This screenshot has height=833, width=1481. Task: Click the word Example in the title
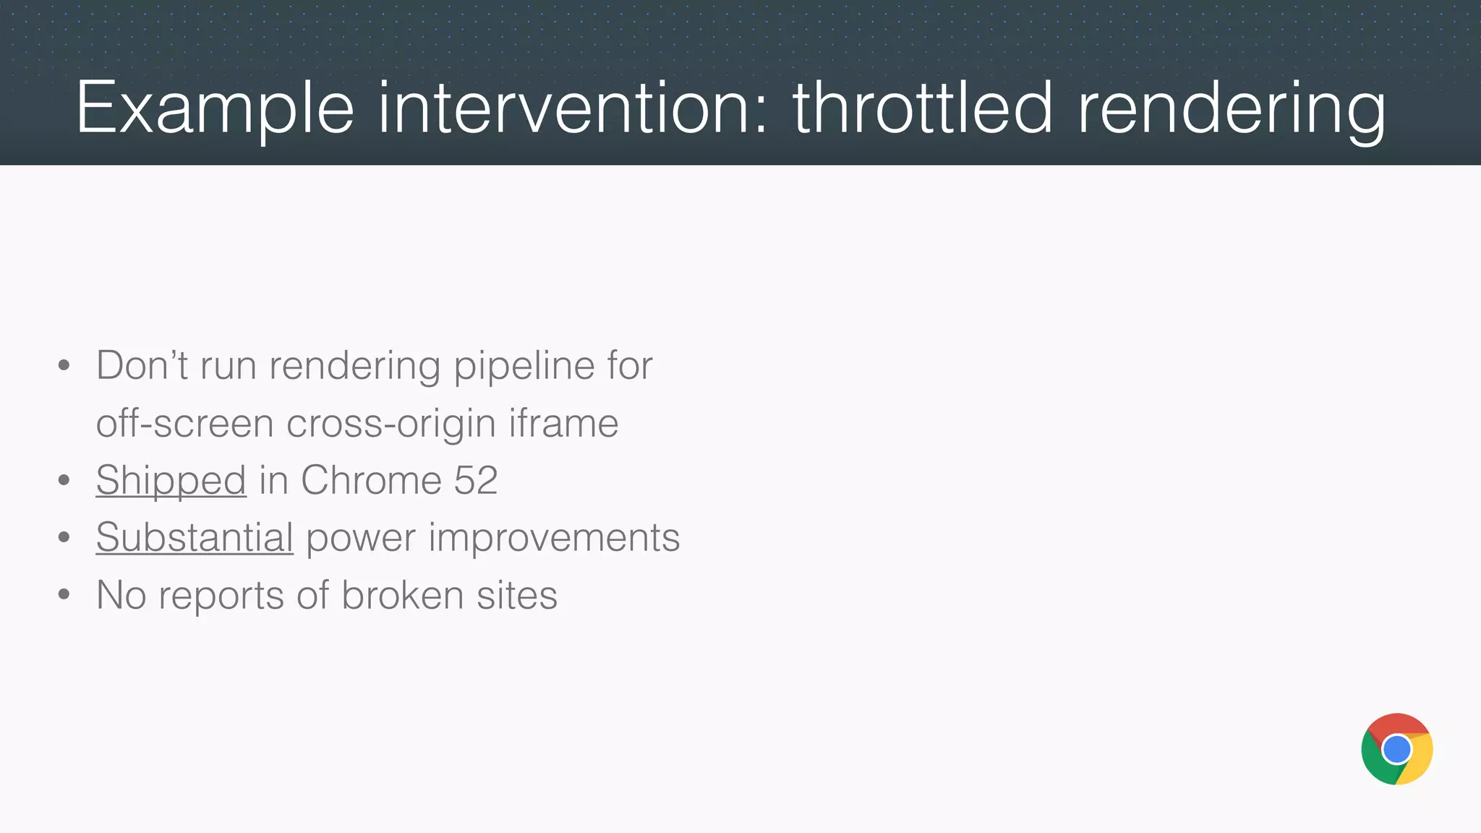click(215, 108)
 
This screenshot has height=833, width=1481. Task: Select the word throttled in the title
click(923, 108)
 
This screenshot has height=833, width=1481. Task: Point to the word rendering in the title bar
click(1231, 108)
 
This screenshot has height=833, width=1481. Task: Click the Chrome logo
click(1396, 749)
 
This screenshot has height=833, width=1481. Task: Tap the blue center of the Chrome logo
click(1396, 750)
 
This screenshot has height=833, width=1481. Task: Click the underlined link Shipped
click(171, 480)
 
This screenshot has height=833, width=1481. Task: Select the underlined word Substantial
click(194, 538)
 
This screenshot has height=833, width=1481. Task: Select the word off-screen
click(184, 423)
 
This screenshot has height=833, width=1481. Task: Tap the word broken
click(402, 596)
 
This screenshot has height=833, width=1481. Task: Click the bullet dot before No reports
click(64, 595)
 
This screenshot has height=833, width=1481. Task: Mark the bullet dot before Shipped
click(64, 480)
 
